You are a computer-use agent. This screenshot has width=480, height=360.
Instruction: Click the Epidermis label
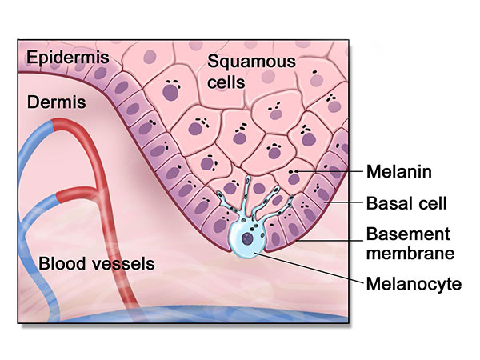point(58,58)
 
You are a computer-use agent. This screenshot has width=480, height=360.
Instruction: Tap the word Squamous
point(240,62)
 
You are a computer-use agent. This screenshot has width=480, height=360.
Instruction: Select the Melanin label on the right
point(398,171)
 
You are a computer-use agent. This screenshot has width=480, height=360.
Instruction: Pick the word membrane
point(410,254)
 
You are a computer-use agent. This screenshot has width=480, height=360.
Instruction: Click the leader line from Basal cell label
point(344,203)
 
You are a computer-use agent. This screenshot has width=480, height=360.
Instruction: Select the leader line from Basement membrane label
point(344,238)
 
